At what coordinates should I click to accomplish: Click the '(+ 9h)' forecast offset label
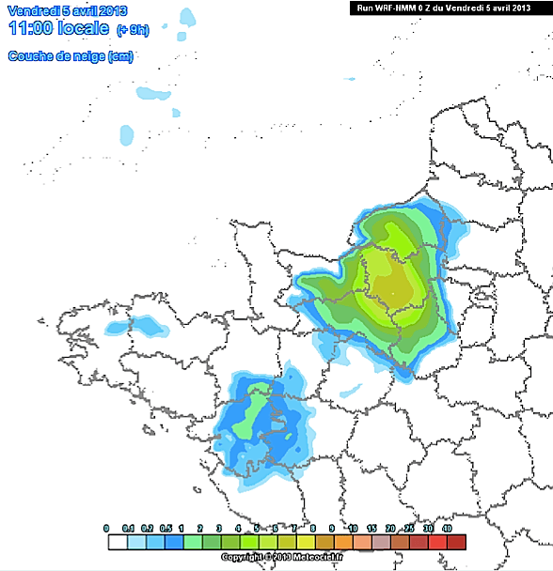tap(133, 31)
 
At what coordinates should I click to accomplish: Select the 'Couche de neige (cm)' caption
tap(71, 56)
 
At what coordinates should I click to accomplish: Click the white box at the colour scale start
tap(117, 542)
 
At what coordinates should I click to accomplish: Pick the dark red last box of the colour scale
tap(456, 542)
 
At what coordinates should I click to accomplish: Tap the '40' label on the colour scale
tap(448, 529)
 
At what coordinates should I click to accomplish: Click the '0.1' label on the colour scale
tap(128, 529)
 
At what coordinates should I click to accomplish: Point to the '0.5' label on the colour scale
tap(166, 529)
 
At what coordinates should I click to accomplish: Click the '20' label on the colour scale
tap(390, 529)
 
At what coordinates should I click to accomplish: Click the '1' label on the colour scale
tap(184, 529)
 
